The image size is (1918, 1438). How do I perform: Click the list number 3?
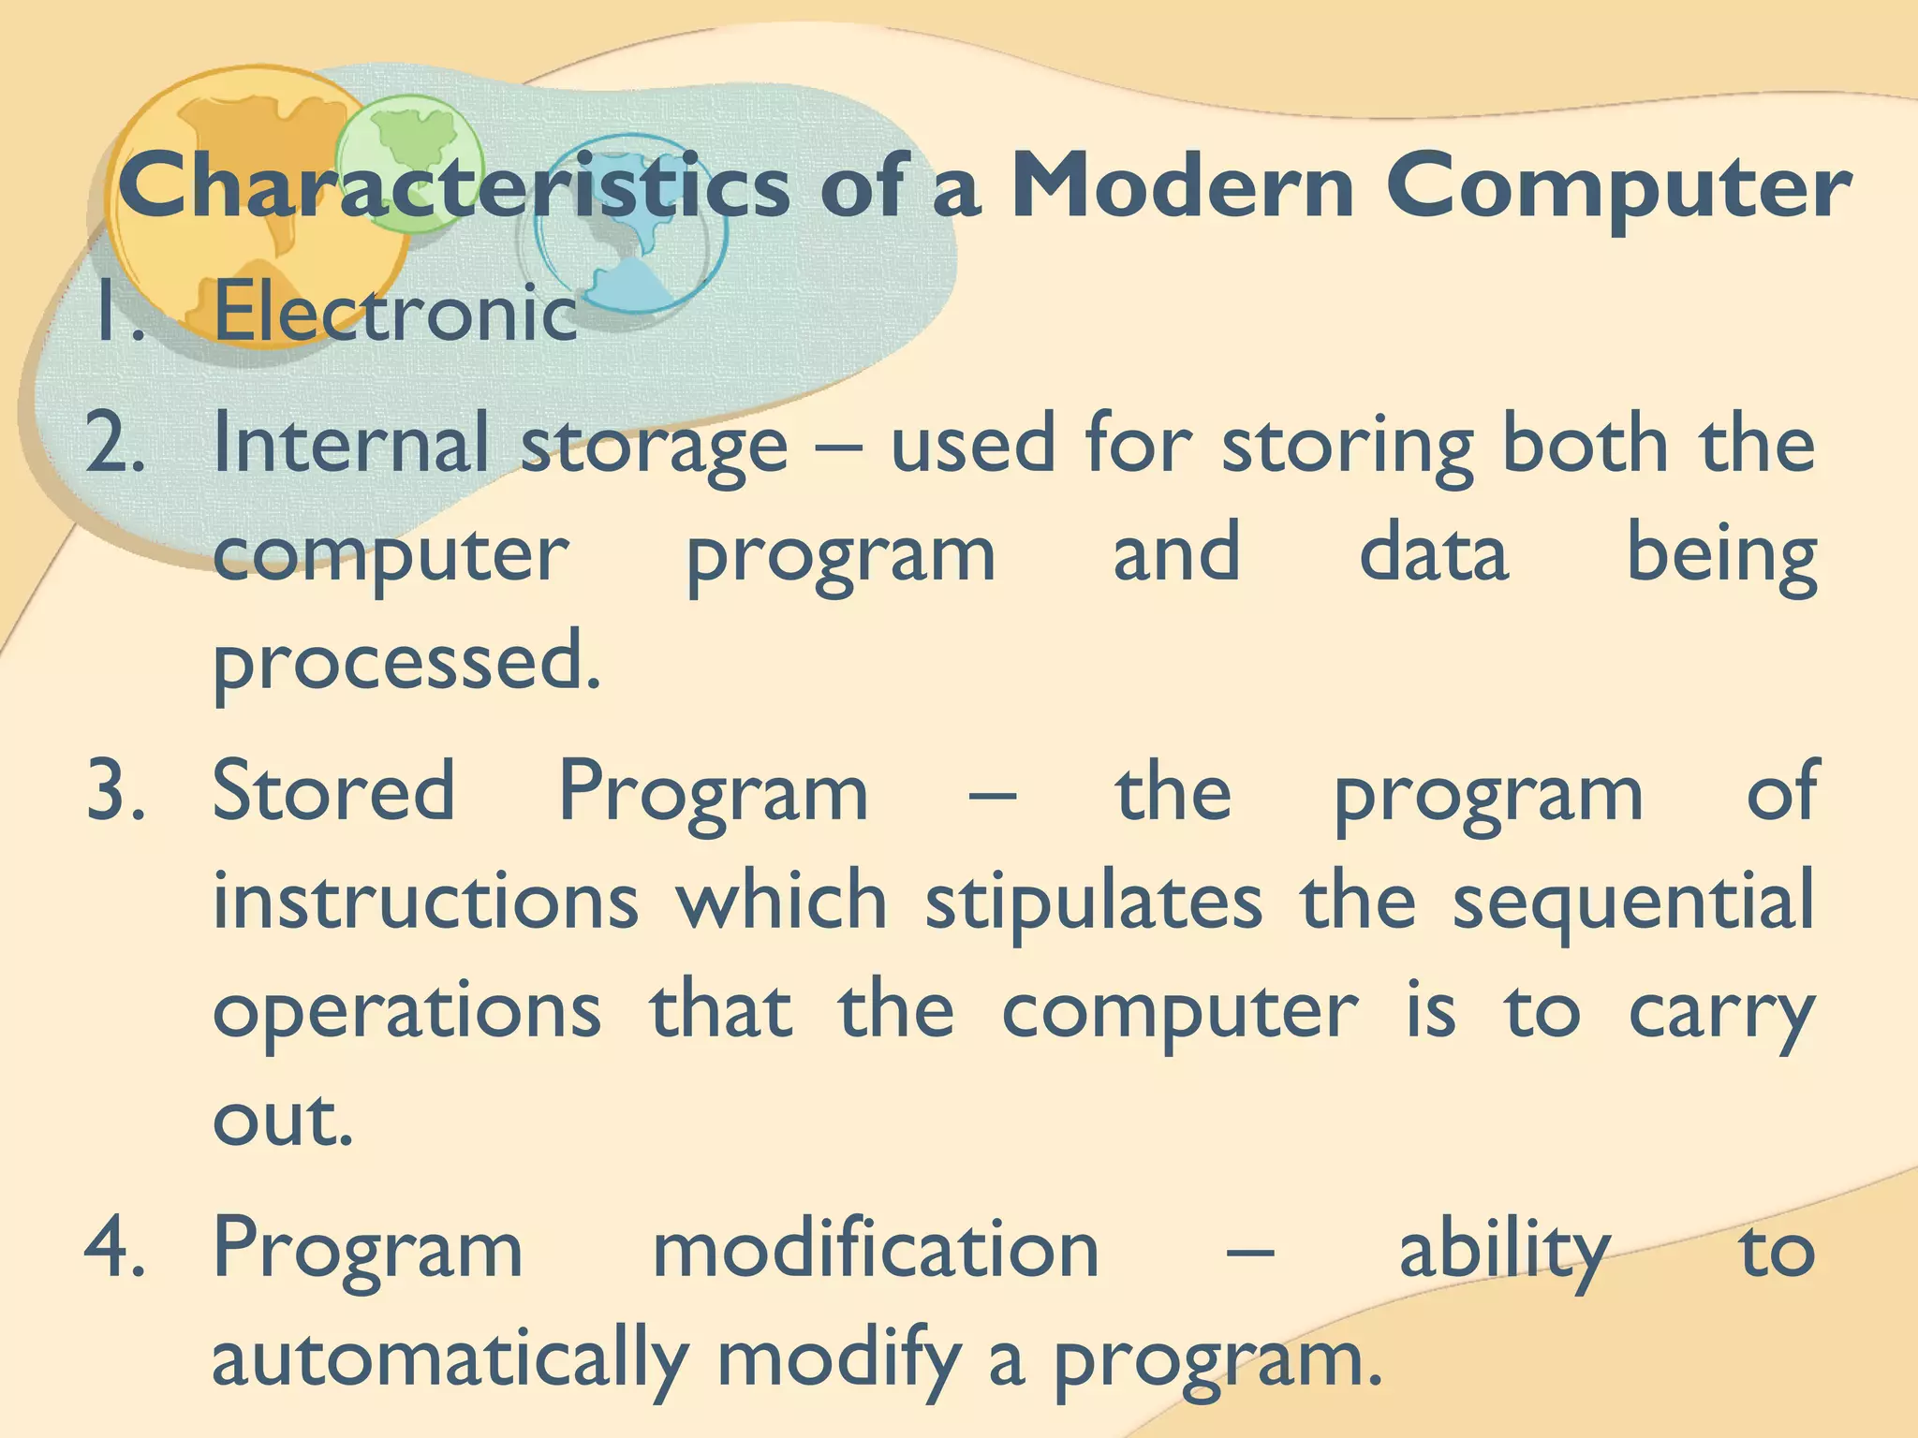(x=115, y=791)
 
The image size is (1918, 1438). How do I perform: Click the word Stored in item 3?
(x=334, y=791)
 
